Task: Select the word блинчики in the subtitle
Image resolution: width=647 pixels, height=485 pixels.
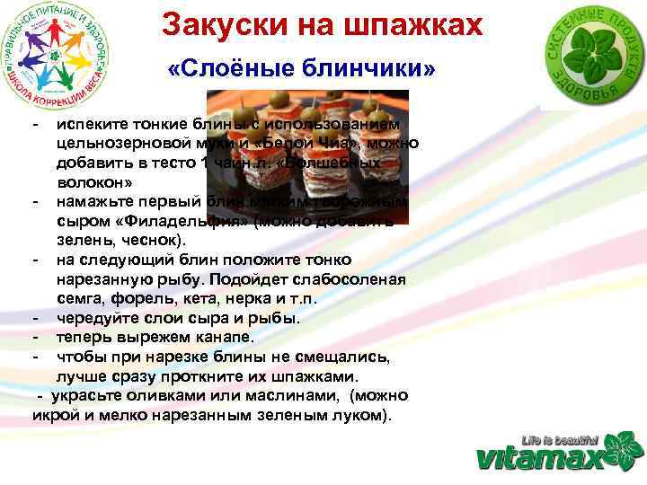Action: click(372, 69)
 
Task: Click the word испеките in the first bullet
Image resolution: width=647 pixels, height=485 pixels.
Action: click(89, 123)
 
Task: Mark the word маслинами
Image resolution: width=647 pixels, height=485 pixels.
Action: click(296, 395)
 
